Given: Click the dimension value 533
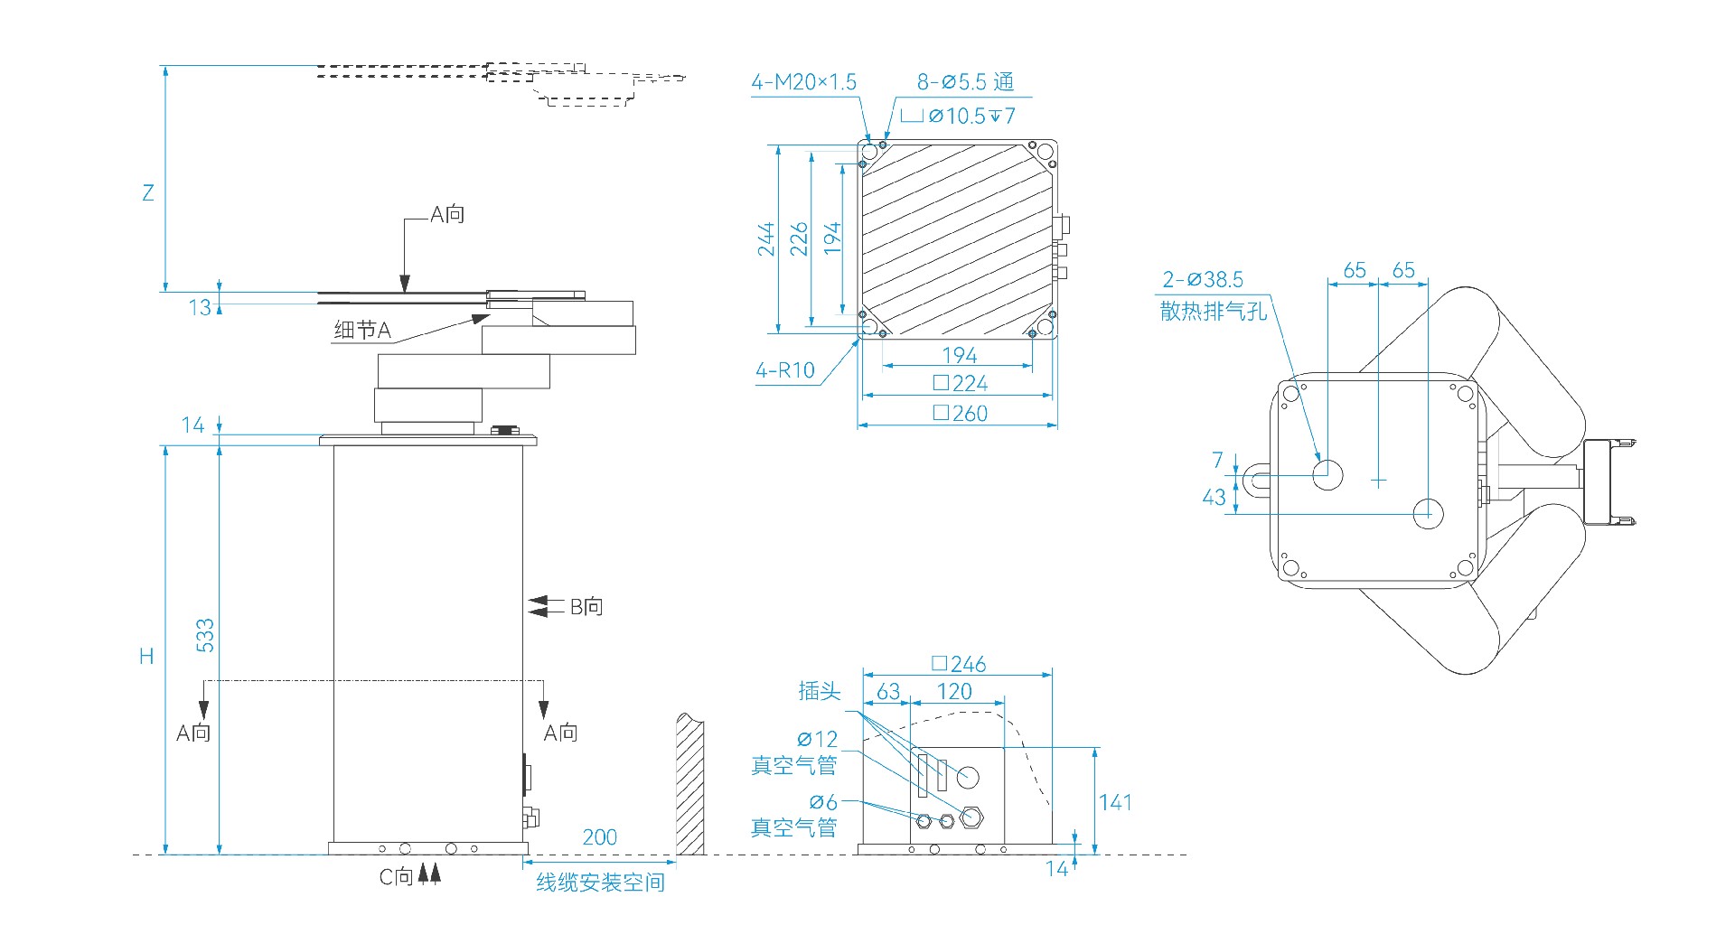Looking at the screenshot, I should pos(206,635).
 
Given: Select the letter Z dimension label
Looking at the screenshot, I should pos(148,192).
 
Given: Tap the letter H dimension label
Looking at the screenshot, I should pos(146,657).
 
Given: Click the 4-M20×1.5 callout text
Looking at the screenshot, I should pos(803,82).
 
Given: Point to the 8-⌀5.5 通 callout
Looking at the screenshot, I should pos(965,82).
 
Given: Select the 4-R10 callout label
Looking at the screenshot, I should pos(784,370).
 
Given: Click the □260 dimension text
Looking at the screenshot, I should pos(960,414).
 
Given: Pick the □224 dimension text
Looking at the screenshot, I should pos(960,384).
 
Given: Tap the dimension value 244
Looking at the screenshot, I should pos(766,239).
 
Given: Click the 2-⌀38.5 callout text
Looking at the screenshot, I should pos(1203,280).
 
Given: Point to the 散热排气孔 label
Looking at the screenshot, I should pos(1214,312).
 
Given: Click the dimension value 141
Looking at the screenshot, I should pos(1115,802).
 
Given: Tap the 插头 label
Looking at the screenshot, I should pos(819,692).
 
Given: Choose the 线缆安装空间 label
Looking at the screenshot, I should pos(600,883).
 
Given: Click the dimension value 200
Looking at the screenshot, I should pos(599,837).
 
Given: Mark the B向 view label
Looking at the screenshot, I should pos(586,607).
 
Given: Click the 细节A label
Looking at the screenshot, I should pos(362,331).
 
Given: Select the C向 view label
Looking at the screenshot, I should pos(396,876).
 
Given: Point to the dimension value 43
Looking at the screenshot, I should pos(1214,497).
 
